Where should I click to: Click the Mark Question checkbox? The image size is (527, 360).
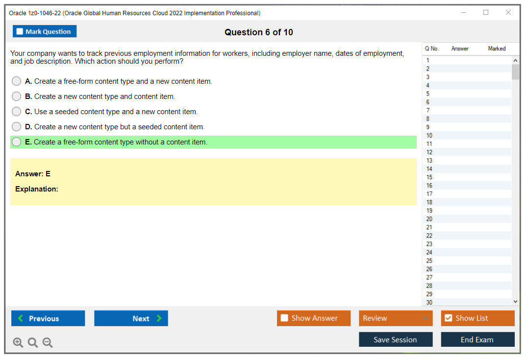click(x=20, y=31)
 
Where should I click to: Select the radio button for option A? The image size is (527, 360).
click(x=17, y=81)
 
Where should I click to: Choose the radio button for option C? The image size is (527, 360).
click(x=17, y=112)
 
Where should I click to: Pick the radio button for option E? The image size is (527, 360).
click(x=17, y=142)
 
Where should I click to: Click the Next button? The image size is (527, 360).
click(x=131, y=318)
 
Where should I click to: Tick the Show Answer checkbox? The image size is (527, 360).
click(x=284, y=318)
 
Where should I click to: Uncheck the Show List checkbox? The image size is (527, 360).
click(x=448, y=318)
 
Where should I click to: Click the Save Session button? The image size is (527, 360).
click(x=396, y=339)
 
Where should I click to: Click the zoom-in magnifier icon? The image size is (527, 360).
click(x=18, y=343)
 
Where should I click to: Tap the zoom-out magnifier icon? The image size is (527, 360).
click(x=48, y=343)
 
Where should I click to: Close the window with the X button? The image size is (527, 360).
click(x=508, y=13)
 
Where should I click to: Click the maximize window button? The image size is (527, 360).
click(x=486, y=13)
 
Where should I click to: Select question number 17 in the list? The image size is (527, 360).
click(x=429, y=194)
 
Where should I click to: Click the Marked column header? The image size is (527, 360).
click(x=497, y=48)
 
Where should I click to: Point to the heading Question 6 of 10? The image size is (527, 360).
click(x=259, y=32)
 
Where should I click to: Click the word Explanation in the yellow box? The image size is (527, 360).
click(x=37, y=189)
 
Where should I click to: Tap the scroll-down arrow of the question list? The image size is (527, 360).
click(x=515, y=302)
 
